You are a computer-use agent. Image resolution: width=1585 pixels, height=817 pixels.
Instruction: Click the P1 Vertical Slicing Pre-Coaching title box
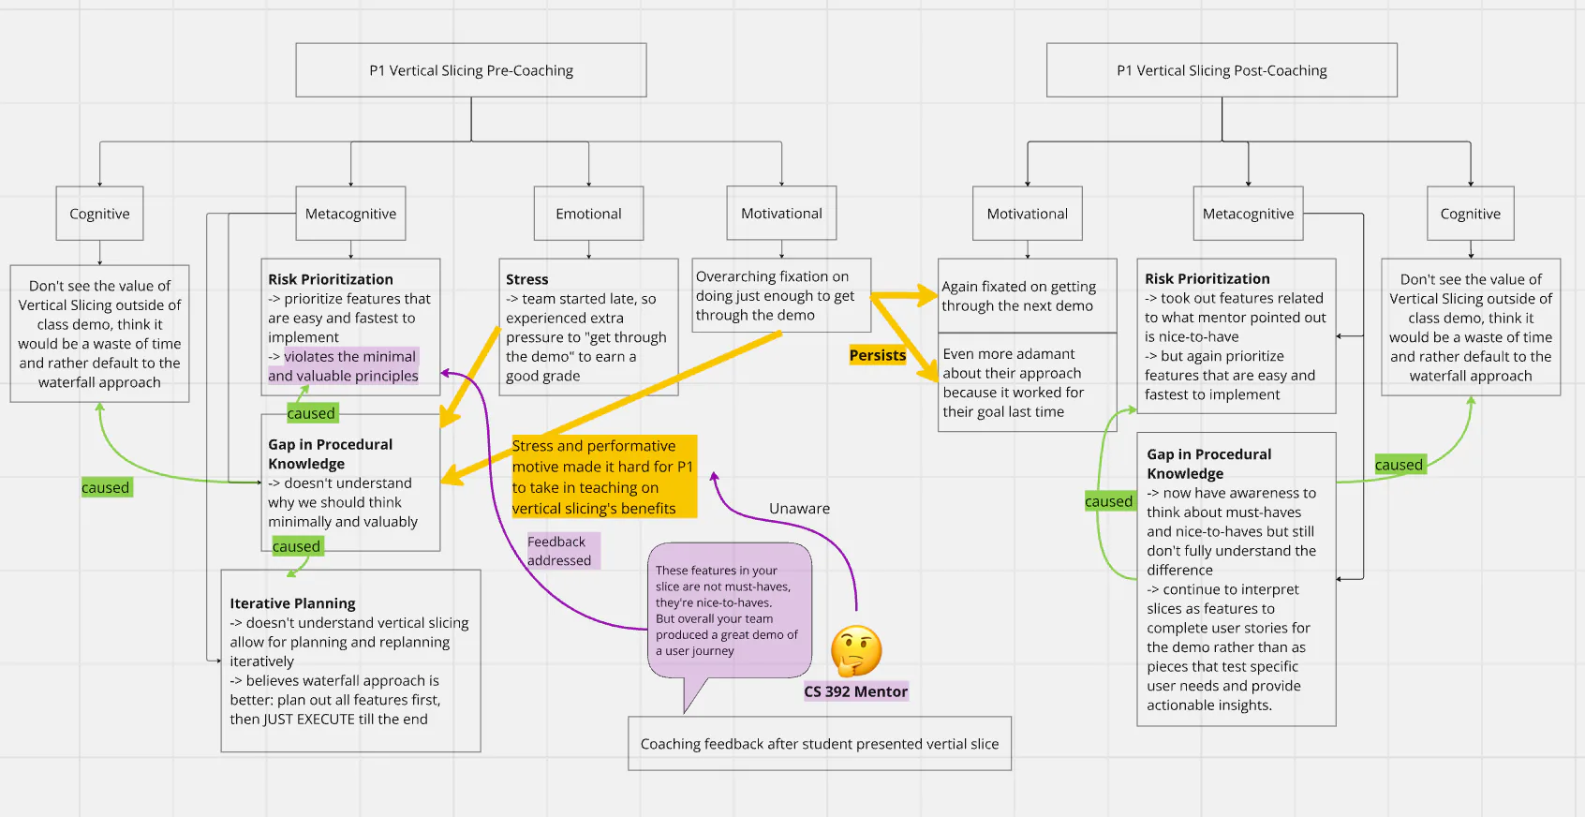click(471, 70)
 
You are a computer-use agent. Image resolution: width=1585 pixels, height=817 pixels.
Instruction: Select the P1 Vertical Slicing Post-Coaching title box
click(1222, 70)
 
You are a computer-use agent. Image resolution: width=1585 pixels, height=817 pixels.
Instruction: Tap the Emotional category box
click(588, 214)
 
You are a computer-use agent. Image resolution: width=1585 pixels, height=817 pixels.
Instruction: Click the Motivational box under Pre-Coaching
click(781, 214)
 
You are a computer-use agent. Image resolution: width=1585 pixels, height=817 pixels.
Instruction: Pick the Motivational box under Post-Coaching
click(1027, 214)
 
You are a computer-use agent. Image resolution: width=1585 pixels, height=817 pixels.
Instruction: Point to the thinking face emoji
click(856, 651)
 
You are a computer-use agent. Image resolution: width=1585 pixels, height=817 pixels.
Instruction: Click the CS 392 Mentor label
click(855, 691)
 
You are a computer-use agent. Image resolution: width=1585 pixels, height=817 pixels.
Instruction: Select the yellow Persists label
click(878, 355)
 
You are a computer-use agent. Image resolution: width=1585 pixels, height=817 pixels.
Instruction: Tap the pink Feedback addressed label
click(560, 551)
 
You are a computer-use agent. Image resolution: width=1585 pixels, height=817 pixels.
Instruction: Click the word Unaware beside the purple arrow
click(799, 508)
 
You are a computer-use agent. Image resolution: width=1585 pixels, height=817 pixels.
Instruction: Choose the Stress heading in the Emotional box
click(527, 279)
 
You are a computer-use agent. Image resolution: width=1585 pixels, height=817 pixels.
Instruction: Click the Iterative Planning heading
click(292, 603)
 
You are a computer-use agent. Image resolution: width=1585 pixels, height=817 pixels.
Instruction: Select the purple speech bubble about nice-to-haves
click(729, 610)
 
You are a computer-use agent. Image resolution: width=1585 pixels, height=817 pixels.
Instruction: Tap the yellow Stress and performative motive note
click(603, 477)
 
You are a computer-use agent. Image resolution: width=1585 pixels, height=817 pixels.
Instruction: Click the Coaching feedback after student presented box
click(820, 744)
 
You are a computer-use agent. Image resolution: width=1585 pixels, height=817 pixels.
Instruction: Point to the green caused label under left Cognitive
click(106, 487)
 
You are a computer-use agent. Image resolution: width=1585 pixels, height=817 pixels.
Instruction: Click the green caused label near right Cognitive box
click(1399, 465)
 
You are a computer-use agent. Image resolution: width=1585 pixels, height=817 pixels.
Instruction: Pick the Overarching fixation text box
click(781, 295)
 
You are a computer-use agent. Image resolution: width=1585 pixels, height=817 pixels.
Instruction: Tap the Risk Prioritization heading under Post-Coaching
click(1207, 278)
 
